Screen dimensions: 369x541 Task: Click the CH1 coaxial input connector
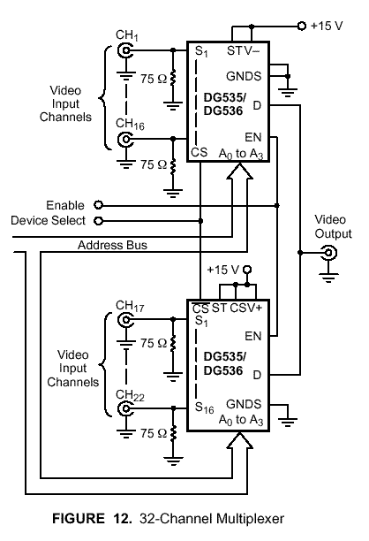124,51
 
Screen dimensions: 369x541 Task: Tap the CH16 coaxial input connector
124,139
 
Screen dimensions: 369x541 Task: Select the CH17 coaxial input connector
124,320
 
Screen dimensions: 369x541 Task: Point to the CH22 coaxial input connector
124,409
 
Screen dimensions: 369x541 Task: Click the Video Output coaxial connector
328,253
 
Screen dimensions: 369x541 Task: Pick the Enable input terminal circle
99,205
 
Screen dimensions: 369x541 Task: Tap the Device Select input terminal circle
99,221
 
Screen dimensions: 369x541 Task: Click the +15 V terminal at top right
302,26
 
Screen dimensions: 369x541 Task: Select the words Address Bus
112,245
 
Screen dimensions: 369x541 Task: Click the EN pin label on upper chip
253,137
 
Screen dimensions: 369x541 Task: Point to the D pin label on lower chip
257,375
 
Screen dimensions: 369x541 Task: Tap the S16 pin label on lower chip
204,408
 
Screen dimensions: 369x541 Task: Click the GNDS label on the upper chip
244,76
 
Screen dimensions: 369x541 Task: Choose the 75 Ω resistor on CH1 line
173,78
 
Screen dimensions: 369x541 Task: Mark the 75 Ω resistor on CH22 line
173,434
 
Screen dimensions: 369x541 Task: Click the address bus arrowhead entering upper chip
240,171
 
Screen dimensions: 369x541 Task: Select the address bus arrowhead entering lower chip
240,440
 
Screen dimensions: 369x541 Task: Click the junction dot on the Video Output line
300,253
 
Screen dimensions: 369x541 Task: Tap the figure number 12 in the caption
121,518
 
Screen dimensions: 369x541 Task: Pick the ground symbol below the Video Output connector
328,278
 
